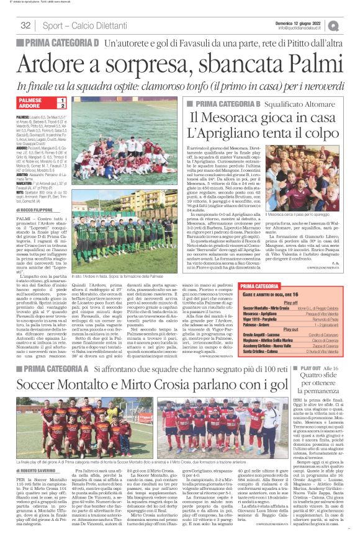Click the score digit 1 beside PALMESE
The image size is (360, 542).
(62, 100)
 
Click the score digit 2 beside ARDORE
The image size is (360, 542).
(62, 106)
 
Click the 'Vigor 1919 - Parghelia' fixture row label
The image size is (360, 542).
(261, 318)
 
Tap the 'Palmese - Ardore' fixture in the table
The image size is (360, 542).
(257, 323)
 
